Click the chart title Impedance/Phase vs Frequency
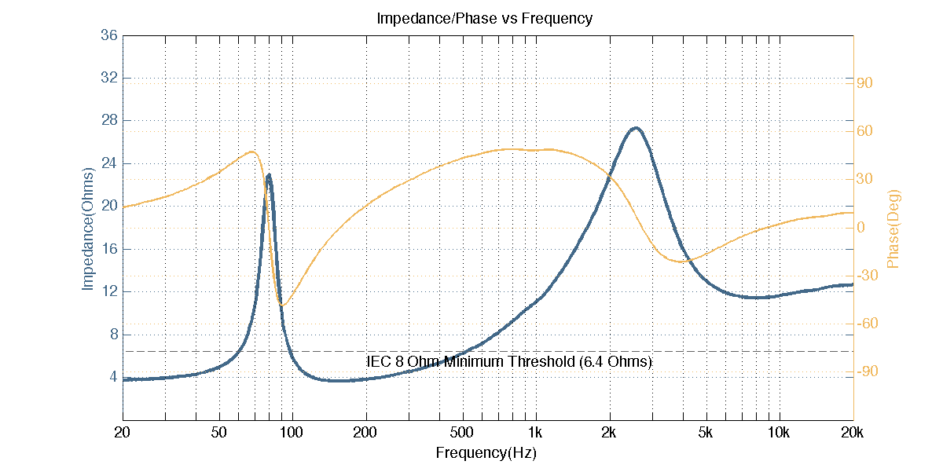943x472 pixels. tap(484, 18)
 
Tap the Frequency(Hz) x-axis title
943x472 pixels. tap(486, 453)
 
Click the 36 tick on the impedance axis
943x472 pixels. tap(108, 35)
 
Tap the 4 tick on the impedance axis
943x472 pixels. tap(113, 376)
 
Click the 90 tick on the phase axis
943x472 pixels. tap(866, 82)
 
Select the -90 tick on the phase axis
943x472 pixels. tap(864, 371)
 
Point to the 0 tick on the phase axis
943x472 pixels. tap(861, 228)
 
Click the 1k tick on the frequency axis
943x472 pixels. tap(536, 433)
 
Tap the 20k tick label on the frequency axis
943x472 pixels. tap(853, 433)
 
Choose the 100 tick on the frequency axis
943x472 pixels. tap(292, 433)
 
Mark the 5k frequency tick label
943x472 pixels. tap(706, 433)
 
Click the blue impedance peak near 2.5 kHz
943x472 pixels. tap(635, 128)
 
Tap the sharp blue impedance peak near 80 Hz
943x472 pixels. tap(269, 175)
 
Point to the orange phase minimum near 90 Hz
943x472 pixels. tap(282, 305)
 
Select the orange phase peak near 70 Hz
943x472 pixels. tap(251, 152)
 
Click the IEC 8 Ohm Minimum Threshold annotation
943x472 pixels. tap(509, 362)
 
